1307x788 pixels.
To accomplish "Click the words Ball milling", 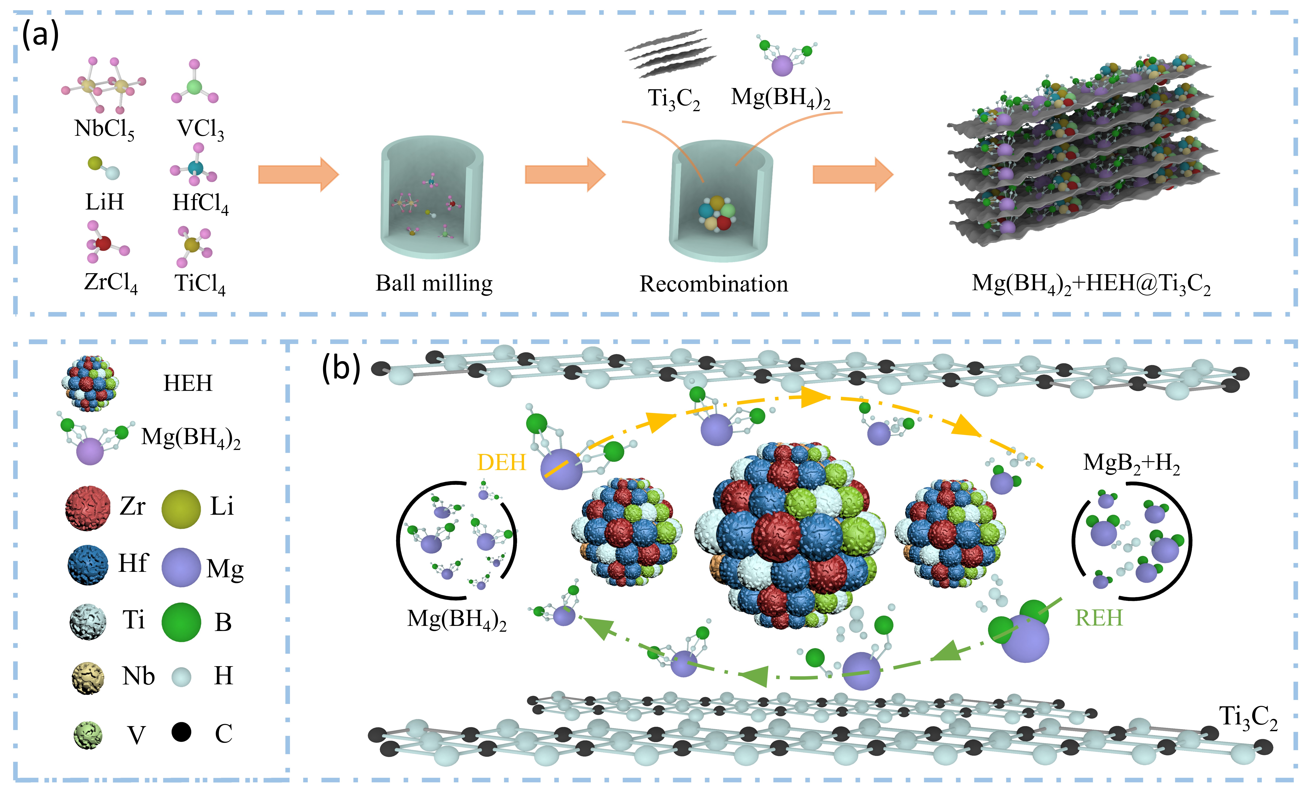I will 434,283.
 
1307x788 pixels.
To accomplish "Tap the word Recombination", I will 713,284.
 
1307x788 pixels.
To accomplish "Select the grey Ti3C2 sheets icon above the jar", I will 671,53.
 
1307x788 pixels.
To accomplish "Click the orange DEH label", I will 501,462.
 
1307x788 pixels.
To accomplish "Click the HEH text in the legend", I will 188,383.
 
